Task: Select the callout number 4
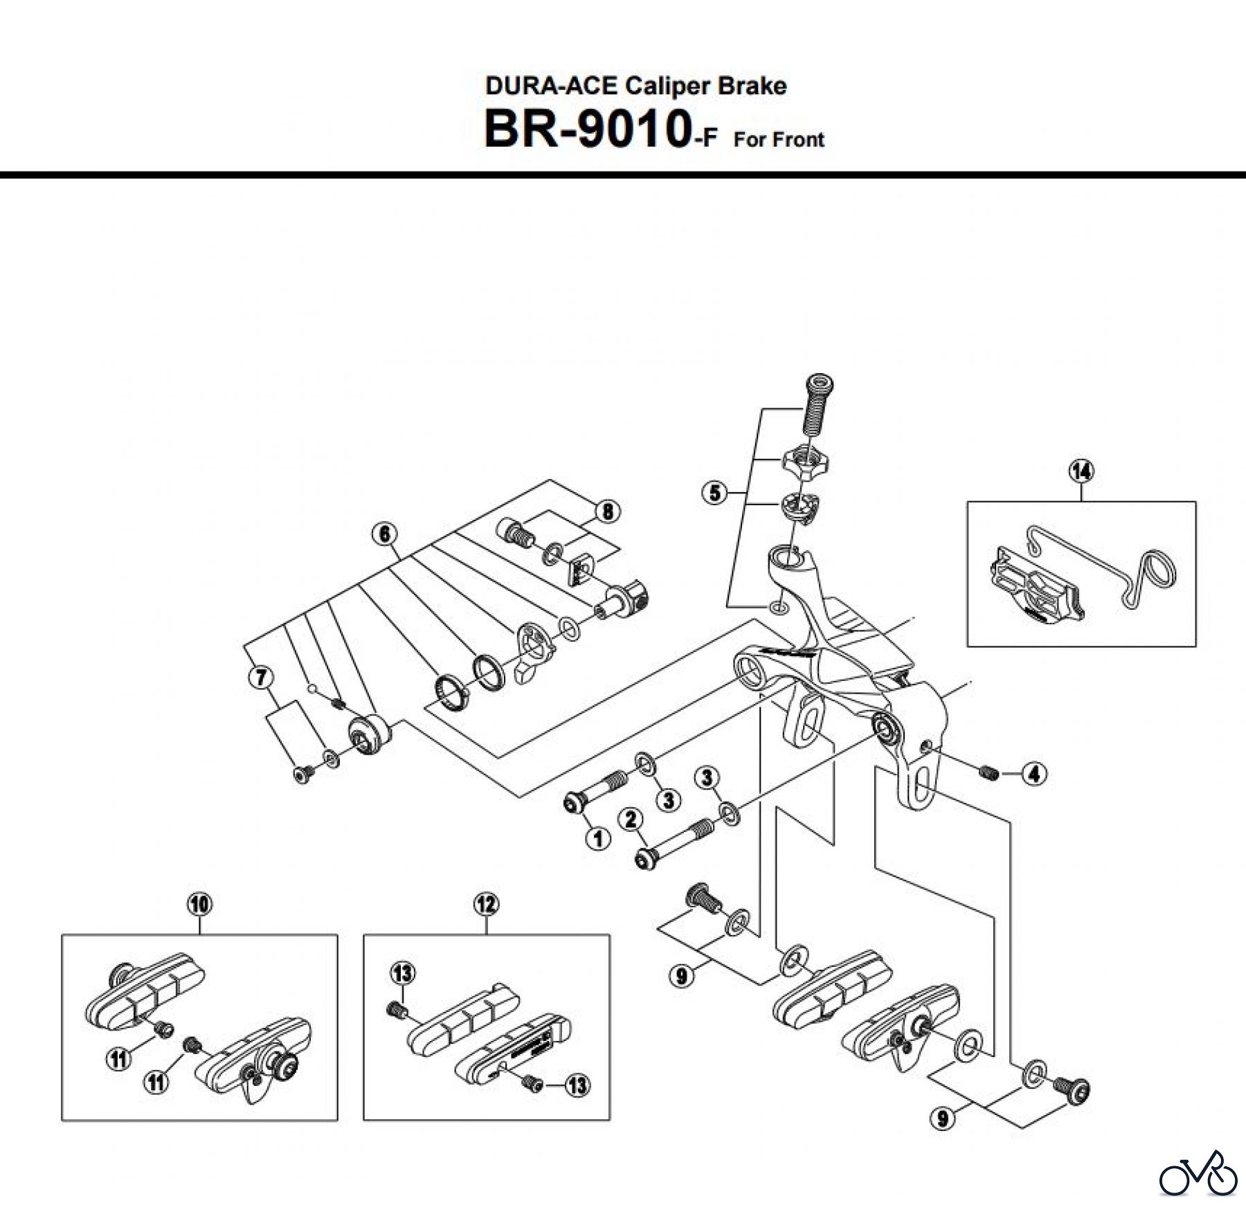pyautogui.click(x=1034, y=773)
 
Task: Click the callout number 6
pyautogui.click(x=385, y=534)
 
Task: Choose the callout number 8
pyautogui.click(x=608, y=511)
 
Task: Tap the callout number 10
pyautogui.click(x=200, y=904)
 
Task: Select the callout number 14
pyautogui.click(x=1081, y=471)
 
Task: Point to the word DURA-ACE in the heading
pyautogui.click(x=551, y=86)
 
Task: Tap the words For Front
pyautogui.click(x=779, y=140)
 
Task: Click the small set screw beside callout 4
pyautogui.click(x=988, y=772)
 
